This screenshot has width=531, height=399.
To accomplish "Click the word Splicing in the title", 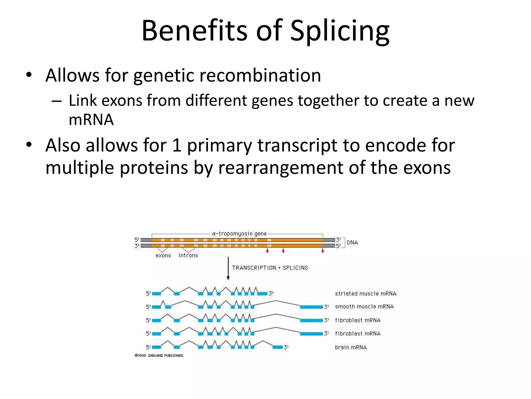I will (340, 31).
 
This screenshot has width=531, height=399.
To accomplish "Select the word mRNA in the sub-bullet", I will (91, 120).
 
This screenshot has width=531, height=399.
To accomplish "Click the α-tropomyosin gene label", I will (239, 234).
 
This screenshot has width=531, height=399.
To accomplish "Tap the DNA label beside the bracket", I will (352, 243).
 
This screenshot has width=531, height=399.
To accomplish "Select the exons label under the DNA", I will (163, 256).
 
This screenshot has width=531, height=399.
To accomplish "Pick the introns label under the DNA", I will (188, 256).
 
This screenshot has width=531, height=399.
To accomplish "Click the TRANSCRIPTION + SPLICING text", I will (270, 268).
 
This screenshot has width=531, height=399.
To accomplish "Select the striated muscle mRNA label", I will (366, 294).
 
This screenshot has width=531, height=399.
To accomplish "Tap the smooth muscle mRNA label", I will (364, 307).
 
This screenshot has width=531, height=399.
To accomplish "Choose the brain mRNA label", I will (351, 347).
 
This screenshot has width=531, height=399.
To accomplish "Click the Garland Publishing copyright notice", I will (159, 355).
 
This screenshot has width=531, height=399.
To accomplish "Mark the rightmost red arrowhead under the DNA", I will (323, 250).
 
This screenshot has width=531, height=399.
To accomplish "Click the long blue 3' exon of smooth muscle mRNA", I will (311, 307).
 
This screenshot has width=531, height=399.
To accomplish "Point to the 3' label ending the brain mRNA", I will (286, 347).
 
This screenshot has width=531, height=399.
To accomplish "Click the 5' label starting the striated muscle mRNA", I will (148, 294).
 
